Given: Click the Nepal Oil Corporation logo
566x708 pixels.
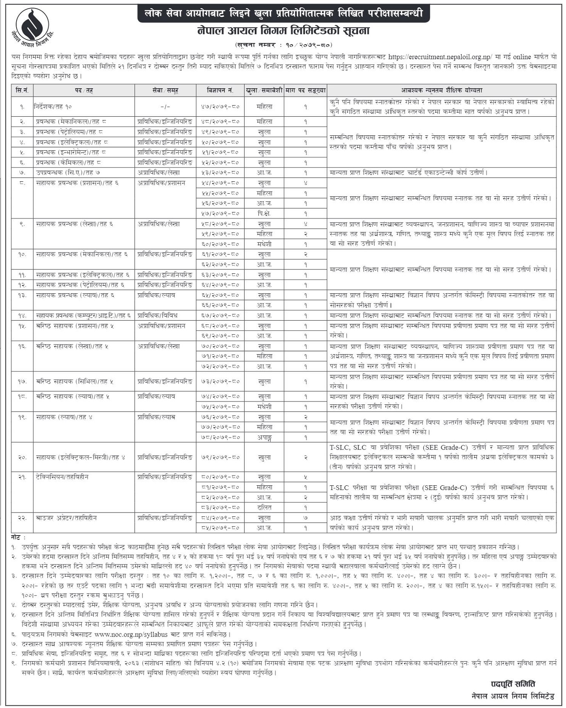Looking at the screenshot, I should click(x=32, y=26).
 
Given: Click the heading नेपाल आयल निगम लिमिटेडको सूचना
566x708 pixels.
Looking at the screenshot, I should click(x=283, y=31).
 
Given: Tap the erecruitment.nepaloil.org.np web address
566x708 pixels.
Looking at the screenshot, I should click(x=440, y=57).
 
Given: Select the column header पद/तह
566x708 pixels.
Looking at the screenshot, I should click(x=83, y=90).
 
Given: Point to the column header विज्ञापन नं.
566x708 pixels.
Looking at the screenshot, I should click(x=220, y=90).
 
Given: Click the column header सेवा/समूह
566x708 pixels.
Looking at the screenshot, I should click(x=165, y=90).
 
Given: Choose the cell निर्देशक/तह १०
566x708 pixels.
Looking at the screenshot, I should click(x=57, y=107).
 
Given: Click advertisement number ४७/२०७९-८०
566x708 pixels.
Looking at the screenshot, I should click(x=220, y=107).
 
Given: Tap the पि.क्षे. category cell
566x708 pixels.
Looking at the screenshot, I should click(x=264, y=213).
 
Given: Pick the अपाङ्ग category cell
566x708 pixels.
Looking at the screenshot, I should click(x=264, y=437).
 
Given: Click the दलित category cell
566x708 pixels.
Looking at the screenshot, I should click(x=264, y=507).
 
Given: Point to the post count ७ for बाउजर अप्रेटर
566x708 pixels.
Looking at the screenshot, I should click(x=305, y=518).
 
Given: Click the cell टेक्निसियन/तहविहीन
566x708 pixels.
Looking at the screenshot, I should click(x=62, y=477).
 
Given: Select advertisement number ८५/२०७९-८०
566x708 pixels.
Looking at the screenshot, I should click(x=220, y=528).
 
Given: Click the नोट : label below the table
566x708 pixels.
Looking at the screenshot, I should click(x=18, y=538).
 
